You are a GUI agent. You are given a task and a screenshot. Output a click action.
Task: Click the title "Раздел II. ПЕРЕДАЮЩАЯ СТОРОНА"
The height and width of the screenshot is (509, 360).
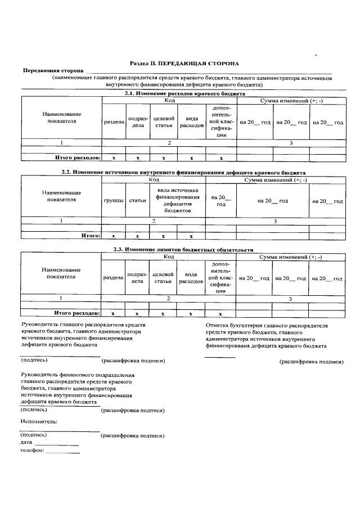pos(180,64)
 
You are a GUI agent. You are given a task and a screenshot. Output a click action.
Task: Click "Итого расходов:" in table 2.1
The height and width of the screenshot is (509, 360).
pos(76,159)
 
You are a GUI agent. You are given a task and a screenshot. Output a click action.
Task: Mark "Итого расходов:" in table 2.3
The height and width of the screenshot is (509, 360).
pos(76,313)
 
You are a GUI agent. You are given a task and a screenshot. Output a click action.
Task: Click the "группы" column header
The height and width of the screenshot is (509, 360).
pos(114,201)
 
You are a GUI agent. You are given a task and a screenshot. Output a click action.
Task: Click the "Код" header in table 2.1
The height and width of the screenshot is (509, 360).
pos(169,100)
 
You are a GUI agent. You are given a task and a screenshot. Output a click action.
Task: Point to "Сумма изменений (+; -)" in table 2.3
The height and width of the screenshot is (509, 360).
pos(290,256)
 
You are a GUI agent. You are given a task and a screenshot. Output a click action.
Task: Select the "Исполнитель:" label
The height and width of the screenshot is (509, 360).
pos(39,421)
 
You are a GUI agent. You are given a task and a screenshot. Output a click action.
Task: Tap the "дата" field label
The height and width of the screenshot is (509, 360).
pos(26,443)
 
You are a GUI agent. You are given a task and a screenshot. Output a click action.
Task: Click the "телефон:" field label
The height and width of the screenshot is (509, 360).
pos(31,451)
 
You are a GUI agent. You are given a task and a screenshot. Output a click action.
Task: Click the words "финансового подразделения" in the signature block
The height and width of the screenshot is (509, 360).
pos(93,375)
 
